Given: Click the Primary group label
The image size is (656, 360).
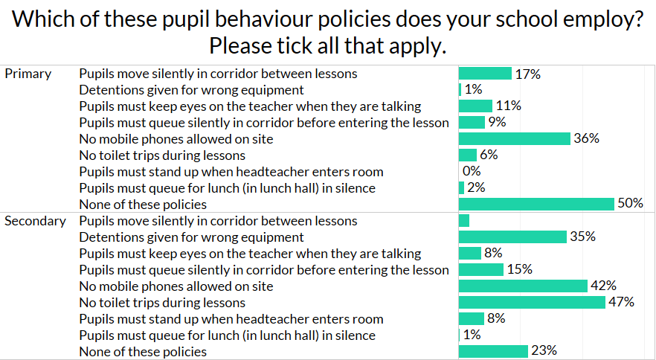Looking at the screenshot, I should coord(28,74).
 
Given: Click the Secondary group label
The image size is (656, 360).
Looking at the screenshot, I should coord(35,221).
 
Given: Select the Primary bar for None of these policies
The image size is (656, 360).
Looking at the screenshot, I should coord(536,204).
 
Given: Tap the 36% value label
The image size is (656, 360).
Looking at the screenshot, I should coord(586,138).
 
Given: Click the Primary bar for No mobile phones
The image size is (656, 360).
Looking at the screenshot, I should coord(515,138).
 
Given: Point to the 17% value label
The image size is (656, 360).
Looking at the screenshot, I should coord(527,74).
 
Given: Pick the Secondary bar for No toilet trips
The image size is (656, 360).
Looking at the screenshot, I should coord(532,302).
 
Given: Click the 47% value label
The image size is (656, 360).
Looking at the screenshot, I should coord(621,302).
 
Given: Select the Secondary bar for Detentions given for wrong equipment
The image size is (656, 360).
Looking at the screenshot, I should coord(513,237).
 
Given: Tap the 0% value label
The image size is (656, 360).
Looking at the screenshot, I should coord(472,171).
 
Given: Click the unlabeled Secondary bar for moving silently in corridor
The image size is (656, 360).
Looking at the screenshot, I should coord(464,221).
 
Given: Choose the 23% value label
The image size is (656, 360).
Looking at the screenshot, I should coord(544,351).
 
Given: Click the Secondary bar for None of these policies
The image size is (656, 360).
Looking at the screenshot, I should coord(493,351).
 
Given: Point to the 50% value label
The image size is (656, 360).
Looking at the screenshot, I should coord(630,204).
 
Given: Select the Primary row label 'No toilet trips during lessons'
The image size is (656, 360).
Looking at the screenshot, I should coord(162,155).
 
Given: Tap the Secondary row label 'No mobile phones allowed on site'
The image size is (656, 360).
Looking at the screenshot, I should coord(176,286).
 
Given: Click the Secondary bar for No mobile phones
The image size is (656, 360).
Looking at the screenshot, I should coord(524,286).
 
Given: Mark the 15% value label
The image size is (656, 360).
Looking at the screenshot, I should coord(519,269).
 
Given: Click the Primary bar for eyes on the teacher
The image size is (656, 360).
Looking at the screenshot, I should coord(475,106).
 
